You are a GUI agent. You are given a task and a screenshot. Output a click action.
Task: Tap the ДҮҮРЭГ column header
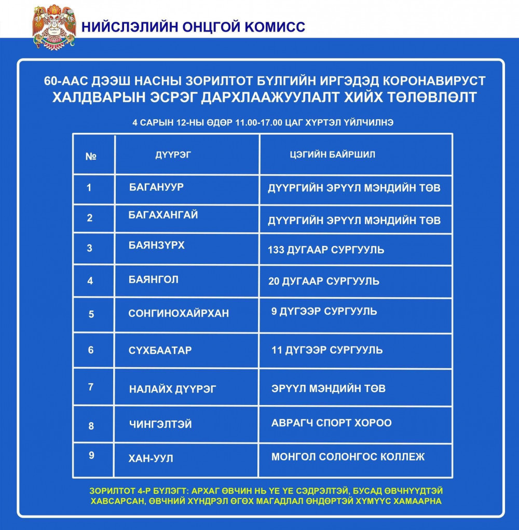[169, 155]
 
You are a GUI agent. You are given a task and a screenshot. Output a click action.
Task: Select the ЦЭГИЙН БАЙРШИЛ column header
[332, 155]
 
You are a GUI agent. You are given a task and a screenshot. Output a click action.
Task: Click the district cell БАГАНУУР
[156, 187]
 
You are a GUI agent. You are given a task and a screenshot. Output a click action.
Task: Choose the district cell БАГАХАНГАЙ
[163, 215]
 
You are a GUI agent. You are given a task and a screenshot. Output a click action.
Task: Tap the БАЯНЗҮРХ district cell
[156, 245]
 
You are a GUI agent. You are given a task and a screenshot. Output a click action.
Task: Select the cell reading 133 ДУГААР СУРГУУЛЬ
[326, 250]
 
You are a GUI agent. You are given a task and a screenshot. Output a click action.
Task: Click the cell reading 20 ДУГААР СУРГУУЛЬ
[323, 282]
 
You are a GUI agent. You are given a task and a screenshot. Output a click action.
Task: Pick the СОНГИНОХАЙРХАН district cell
[179, 314]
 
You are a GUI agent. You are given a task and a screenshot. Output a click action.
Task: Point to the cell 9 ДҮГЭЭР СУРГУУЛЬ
[324, 312]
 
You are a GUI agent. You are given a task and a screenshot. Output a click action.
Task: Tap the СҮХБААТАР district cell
[160, 351]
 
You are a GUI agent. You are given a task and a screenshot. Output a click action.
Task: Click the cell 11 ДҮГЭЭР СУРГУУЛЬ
[327, 350]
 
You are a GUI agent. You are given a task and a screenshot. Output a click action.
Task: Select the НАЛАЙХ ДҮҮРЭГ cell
[172, 389]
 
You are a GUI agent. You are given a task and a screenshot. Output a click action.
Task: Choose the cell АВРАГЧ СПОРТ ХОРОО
[331, 423]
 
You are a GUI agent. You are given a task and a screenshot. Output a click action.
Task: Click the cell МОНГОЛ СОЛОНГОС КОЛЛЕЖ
[348, 457]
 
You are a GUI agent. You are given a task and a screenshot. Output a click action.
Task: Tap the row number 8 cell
[91, 426]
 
